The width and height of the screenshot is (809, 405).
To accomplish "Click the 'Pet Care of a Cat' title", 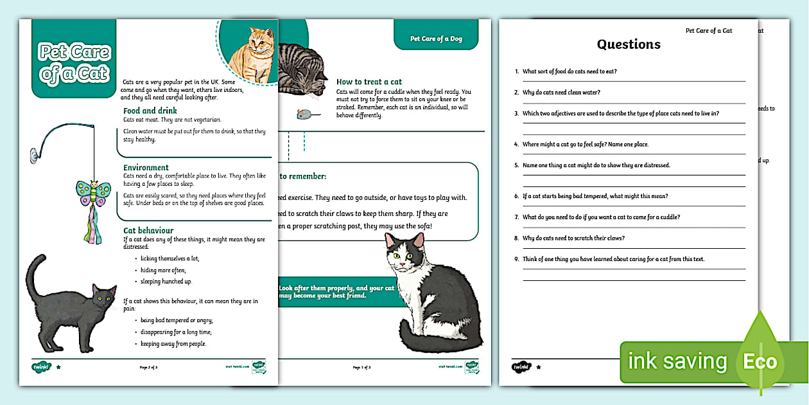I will [x=74, y=63].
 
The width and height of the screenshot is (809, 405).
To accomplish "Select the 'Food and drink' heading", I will [x=150, y=111].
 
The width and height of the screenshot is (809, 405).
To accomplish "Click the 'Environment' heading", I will [x=146, y=167].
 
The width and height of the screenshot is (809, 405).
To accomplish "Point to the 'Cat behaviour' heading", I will [x=148, y=230].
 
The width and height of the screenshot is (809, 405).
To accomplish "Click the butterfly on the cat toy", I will [x=93, y=192].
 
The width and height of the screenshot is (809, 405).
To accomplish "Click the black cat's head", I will [x=103, y=297].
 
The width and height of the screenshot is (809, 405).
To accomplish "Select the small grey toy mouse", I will [x=304, y=114].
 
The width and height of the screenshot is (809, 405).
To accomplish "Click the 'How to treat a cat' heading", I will [x=369, y=82].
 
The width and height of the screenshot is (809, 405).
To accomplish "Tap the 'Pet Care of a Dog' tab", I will [x=436, y=39].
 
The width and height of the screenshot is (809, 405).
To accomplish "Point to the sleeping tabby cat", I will [x=302, y=71].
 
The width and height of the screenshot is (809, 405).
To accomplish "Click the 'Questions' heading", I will [x=629, y=44].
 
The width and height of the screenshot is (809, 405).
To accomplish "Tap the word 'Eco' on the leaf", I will [x=760, y=361].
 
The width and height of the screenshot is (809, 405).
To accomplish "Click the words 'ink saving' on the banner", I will [x=677, y=361].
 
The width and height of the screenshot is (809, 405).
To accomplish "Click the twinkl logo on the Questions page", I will [x=520, y=366].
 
